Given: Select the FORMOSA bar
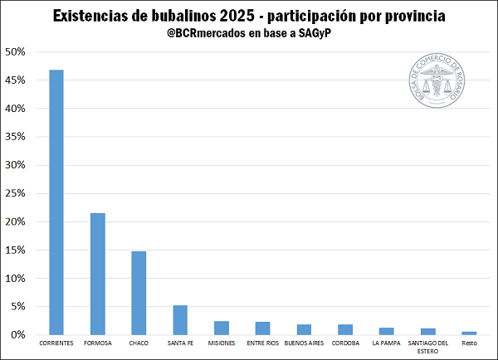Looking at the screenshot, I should pyautogui.click(x=98, y=274).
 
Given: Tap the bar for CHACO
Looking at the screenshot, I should pyautogui.click(x=139, y=293).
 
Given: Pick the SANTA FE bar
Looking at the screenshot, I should pyautogui.click(x=180, y=319).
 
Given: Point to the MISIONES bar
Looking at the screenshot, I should pyautogui.click(x=222, y=328).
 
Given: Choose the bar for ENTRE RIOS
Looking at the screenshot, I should pyautogui.click(x=262, y=328).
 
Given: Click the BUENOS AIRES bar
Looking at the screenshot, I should pyautogui.click(x=304, y=329).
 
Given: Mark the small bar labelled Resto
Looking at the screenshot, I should pyautogui.click(x=469, y=333).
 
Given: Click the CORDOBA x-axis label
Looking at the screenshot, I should pyautogui.click(x=345, y=343).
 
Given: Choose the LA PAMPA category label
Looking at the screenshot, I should pyautogui.click(x=386, y=343).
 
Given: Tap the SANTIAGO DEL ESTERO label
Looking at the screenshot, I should pyautogui.click(x=427, y=346).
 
